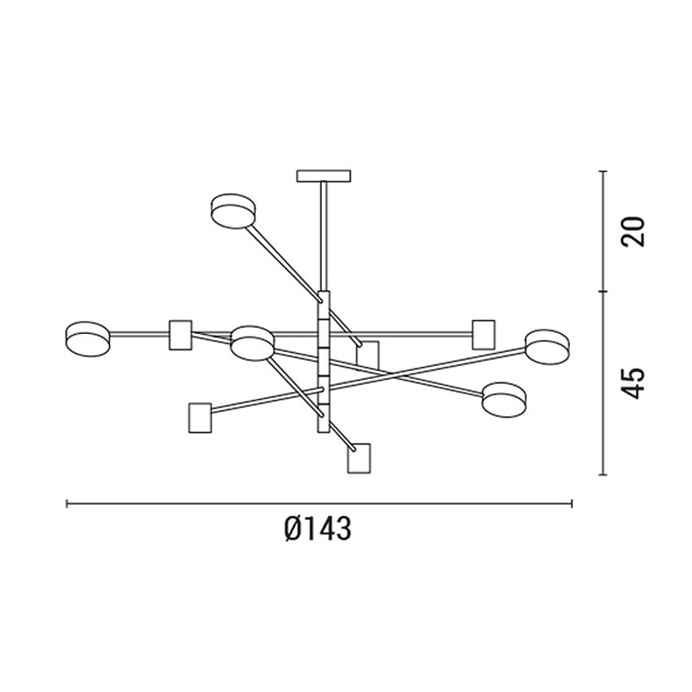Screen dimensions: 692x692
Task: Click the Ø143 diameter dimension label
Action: (317, 529)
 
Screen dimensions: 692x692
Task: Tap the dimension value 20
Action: (633, 231)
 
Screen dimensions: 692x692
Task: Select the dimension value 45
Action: (633, 383)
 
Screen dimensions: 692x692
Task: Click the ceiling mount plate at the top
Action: (324, 176)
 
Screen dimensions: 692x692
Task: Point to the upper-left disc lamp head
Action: (233, 211)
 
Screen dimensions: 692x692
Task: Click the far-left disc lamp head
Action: (87, 338)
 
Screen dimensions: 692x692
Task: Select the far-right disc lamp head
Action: (547, 347)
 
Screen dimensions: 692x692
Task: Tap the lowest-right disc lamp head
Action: (504, 400)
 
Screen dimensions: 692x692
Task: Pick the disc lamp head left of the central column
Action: (252, 343)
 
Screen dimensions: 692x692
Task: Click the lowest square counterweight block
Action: (359, 458)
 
